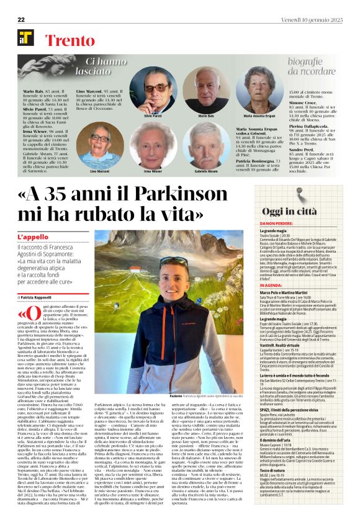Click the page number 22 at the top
point(20,19)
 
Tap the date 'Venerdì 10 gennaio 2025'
point(313,19)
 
